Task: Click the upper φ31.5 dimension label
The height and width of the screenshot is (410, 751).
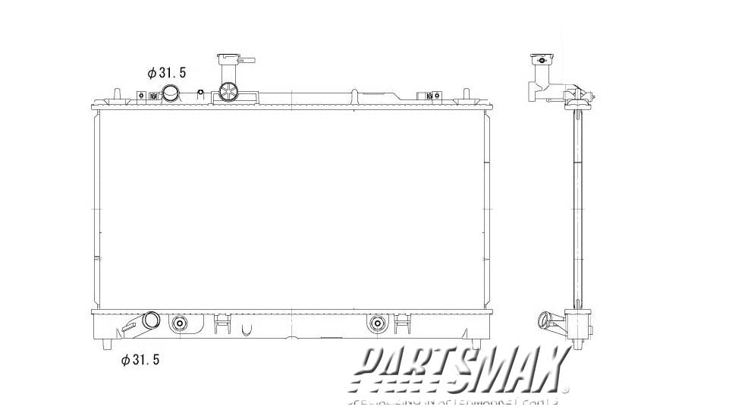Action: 166,73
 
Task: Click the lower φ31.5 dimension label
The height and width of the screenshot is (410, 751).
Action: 140,360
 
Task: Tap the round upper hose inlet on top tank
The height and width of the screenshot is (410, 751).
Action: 171,94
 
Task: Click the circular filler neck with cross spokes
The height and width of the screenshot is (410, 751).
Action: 228,93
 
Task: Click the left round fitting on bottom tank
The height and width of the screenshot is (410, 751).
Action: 180,324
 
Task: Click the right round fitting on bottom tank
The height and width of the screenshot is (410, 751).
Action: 376,324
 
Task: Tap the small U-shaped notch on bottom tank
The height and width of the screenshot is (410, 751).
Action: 246,330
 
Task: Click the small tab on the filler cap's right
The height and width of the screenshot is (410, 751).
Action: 250,60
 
